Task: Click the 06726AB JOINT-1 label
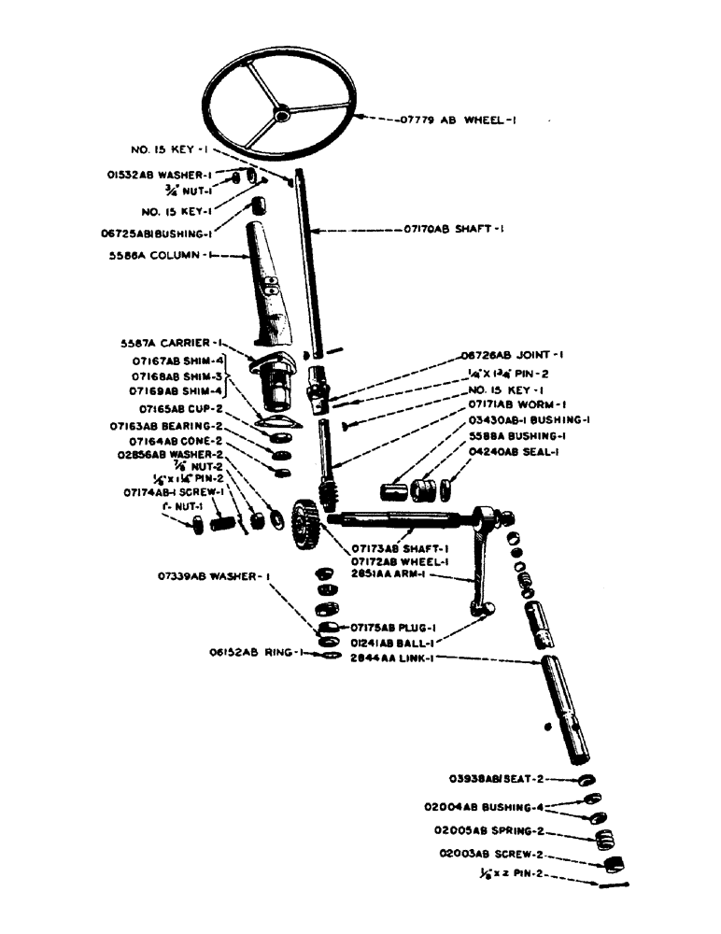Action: click(x=509, y=356)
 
